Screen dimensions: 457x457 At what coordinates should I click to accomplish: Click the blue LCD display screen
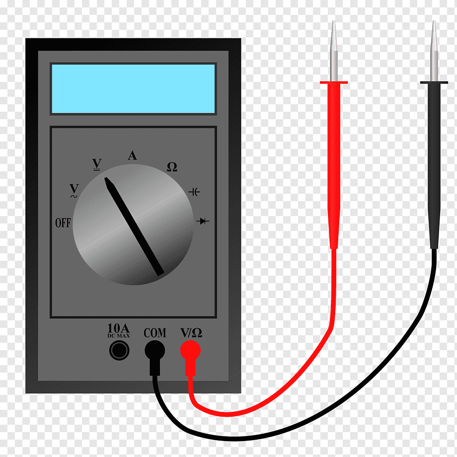coord(133,88)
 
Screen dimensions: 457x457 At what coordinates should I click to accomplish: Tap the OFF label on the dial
coord(63,223)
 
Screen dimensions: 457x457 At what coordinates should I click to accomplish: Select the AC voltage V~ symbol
coord(75,191)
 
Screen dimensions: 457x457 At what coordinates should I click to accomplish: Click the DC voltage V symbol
coord(97,164)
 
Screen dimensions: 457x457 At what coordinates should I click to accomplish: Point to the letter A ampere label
coord(132,155)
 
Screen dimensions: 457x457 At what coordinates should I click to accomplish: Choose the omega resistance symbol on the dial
coord(172,167)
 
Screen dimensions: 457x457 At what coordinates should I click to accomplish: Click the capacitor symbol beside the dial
coord(194,192)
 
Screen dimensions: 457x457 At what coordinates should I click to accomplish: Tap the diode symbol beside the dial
coord(203,221)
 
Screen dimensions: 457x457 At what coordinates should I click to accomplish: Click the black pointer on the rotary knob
coord(134,226)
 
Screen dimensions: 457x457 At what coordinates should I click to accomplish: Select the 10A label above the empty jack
coord(118,328)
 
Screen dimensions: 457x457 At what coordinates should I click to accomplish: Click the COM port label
coord(155,333)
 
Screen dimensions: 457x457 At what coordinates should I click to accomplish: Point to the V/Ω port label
coord(191,332)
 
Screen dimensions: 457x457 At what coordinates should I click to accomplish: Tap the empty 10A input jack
coord(119,350)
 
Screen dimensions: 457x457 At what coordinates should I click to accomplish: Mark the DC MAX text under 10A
coord(119,336)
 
